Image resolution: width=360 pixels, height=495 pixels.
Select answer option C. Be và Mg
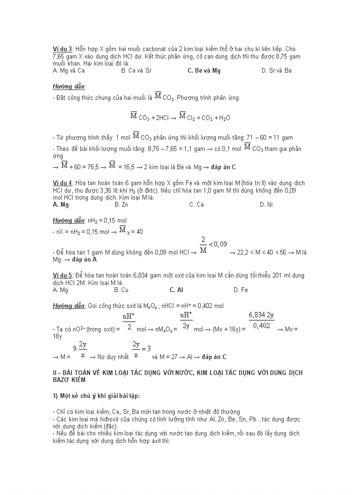[x=204, y=71]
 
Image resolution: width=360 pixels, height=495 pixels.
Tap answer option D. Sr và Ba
[x=276, y=71]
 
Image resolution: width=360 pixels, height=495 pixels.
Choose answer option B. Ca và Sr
[x=136, y=71]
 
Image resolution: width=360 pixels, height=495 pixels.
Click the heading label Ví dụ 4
[x=62, y=183]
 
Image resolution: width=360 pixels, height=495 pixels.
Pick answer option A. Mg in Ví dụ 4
[x=60, y=205]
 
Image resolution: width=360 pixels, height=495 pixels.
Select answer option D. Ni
[x=266, y=205]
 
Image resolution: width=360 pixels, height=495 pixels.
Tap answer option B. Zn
[x=121, y=205]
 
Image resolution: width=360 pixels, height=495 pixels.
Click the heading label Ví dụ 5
[x=62, y=275]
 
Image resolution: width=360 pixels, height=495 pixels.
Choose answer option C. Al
[x=176, y=290]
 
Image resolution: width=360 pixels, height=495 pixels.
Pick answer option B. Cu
[x=121, y=290]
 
